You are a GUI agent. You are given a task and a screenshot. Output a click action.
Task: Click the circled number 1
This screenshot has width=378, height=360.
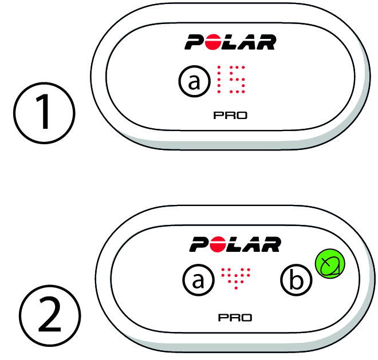44,113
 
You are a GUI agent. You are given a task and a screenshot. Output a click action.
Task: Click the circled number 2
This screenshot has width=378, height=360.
50,316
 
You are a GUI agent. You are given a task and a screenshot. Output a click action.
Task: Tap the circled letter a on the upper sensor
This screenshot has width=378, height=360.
194,81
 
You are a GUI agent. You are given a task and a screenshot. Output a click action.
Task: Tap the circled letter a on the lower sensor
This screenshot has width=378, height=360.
198,280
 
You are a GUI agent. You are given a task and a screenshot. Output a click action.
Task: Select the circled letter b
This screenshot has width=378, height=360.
296,280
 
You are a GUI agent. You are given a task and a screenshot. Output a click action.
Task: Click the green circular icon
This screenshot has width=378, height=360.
330,264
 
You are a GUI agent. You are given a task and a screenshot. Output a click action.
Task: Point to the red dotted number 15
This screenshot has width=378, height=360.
231,80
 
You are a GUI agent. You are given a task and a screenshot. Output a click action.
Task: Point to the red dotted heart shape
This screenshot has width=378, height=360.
236,278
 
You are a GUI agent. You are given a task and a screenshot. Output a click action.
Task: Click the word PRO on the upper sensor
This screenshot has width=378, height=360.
230,116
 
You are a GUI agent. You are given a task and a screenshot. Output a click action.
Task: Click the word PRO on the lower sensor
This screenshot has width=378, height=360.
235,318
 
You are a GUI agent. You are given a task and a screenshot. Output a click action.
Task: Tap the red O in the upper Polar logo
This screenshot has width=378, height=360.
212,42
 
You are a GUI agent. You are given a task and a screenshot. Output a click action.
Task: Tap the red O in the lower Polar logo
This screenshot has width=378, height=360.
217,244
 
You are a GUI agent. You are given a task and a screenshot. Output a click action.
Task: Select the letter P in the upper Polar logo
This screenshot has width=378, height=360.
195,42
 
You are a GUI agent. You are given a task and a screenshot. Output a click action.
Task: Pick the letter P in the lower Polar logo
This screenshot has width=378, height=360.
199,244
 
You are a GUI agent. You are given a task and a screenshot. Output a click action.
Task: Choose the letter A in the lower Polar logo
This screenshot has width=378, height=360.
251,244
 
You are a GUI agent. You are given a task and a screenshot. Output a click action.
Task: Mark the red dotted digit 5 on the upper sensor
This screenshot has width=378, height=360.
237,80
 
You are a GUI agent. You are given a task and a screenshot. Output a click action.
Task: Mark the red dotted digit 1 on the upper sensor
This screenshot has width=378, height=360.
219,80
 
